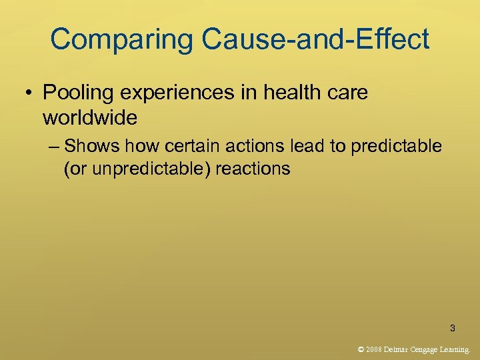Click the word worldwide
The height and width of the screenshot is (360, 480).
pyautogui.click(x=90, y=118)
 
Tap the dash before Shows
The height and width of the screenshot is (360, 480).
pyautogui.click(x=53, y=146)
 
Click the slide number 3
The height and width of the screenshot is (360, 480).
pyautogui.click(x=453, y=328)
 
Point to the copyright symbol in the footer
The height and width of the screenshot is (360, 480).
pyautogui.click(x=361, y=349)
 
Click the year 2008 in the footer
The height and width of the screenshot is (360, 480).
pyautogui.click(x=373, y=349)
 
